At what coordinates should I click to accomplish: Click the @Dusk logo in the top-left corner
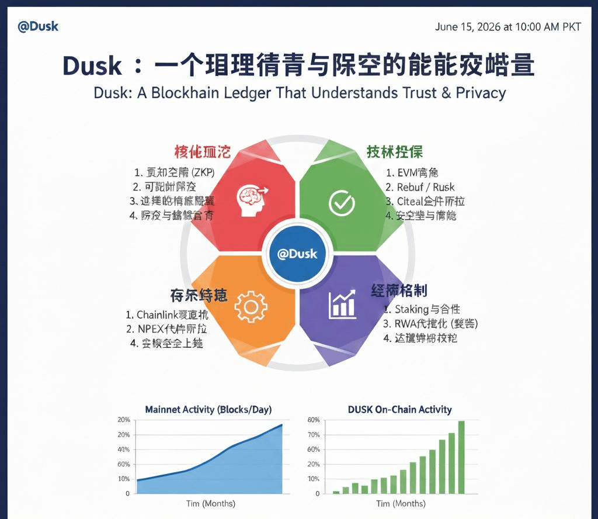pyautogui.click(x=38, y=27)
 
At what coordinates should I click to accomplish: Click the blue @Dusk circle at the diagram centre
pyautogui.click(x=298, y=254)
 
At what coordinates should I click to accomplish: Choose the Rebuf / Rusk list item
pyautogui.click(x=420, y=187)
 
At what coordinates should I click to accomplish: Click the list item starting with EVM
pyautogui.click(x=412, y=172)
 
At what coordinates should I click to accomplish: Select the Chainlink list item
pyautogui.click(x=167, y=315)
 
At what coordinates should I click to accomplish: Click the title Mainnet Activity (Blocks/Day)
pyautogui.click(x=208, y=409)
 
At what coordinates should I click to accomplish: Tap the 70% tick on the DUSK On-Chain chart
pyautogui.click(x=314, y=435)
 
